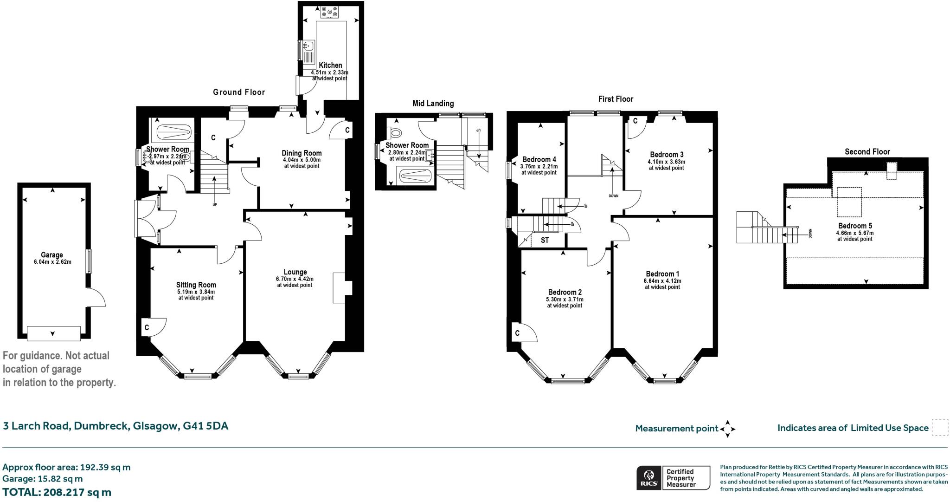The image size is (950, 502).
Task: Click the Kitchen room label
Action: (x=330, y=65)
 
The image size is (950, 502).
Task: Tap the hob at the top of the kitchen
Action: (x=329, y=13)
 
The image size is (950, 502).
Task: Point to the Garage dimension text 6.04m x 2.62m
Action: (x=52, y=262)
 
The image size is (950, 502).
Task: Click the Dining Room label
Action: (x=302, y=153)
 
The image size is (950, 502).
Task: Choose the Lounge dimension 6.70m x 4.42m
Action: (x=295, y=279)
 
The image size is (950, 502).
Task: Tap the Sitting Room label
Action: (x=196, y=285)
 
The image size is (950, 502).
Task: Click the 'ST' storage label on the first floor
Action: (x=545, y=241)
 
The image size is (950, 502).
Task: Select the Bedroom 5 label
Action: (x=855, y=226)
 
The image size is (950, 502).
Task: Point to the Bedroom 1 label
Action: (x=662, y=274)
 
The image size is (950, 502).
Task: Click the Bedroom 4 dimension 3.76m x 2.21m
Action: (x=539, y=167)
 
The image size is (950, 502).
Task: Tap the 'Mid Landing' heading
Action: (x=433, y=104)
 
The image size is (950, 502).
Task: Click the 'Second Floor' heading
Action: (x=867, y=152)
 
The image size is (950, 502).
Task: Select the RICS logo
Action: (x=648, y=478)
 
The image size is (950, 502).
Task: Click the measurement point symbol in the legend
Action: (x=727, y=429)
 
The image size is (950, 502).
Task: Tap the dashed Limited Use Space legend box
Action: (x=940, y=427)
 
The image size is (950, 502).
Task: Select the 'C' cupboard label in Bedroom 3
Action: (x=635, y=121)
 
